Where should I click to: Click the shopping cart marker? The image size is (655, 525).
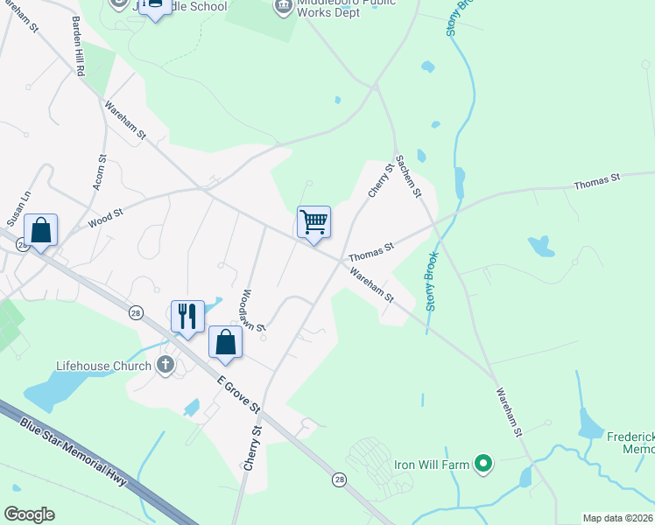coord(313,221)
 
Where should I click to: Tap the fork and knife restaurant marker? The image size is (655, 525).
coord(187,316)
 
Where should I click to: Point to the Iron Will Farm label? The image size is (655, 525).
coord(432,464)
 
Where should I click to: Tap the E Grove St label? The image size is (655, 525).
coord(238,390)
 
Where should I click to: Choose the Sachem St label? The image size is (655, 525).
coord(409,175)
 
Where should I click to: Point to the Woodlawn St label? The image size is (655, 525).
coord(248,311)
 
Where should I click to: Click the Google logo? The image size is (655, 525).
coord(29,514)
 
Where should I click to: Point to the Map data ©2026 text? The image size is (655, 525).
coord(617,518)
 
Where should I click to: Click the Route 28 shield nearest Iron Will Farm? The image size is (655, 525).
coord(338,479)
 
